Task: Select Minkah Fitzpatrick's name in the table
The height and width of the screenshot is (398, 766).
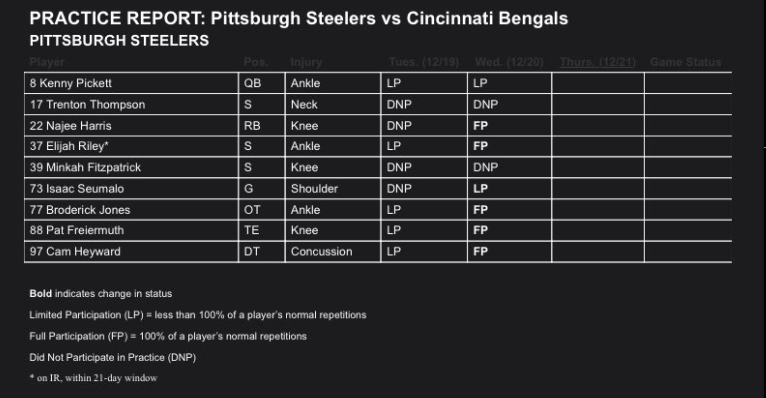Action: [85, 167]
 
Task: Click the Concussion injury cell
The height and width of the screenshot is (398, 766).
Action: [321, 252]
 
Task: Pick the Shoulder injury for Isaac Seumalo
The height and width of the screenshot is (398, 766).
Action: [314, 188]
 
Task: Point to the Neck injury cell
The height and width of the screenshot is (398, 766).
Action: [304, 104]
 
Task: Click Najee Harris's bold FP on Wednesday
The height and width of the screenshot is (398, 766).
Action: [480, 126]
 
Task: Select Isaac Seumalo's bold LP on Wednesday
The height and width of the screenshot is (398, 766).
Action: [480, 188]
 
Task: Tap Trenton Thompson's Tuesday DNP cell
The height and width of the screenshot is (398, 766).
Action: [399, 104]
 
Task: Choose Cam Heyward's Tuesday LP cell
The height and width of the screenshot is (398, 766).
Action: [394, 252]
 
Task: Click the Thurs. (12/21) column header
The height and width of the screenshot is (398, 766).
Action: [597, 62]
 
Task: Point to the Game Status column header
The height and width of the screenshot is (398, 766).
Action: [685, 62]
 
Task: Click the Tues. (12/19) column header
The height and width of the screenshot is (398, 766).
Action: [424, 62]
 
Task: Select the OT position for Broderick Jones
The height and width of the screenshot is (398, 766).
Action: [252, 210]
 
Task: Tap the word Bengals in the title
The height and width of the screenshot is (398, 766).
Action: [533, 19]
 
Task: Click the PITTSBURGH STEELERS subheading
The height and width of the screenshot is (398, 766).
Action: [119, 40]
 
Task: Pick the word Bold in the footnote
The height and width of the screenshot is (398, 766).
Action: [41, 294]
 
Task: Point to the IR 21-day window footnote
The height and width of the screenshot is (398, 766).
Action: [93, 378]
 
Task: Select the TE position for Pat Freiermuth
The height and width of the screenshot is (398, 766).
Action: [251, 230]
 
